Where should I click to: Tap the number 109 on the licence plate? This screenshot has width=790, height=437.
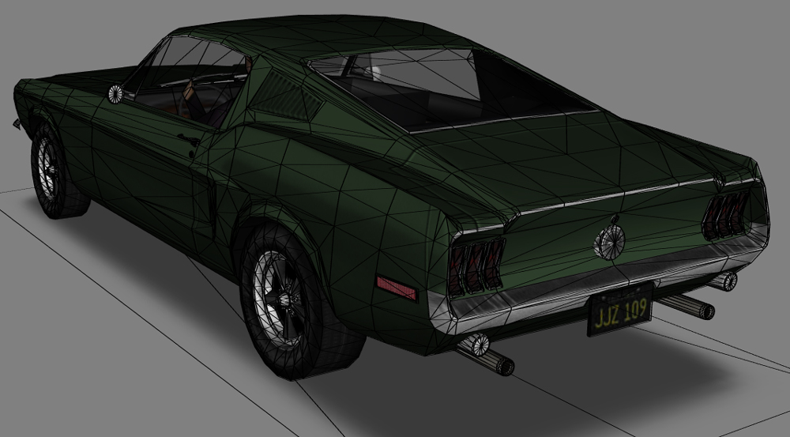[x=635, y=309]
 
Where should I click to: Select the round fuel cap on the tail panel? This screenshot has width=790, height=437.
[x=610, y=242]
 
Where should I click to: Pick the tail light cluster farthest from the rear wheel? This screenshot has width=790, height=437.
[x=726, y=215]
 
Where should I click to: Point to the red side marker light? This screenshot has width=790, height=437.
[x=397, y=288]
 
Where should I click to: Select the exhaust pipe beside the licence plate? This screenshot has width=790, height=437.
[x=686, y=306]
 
